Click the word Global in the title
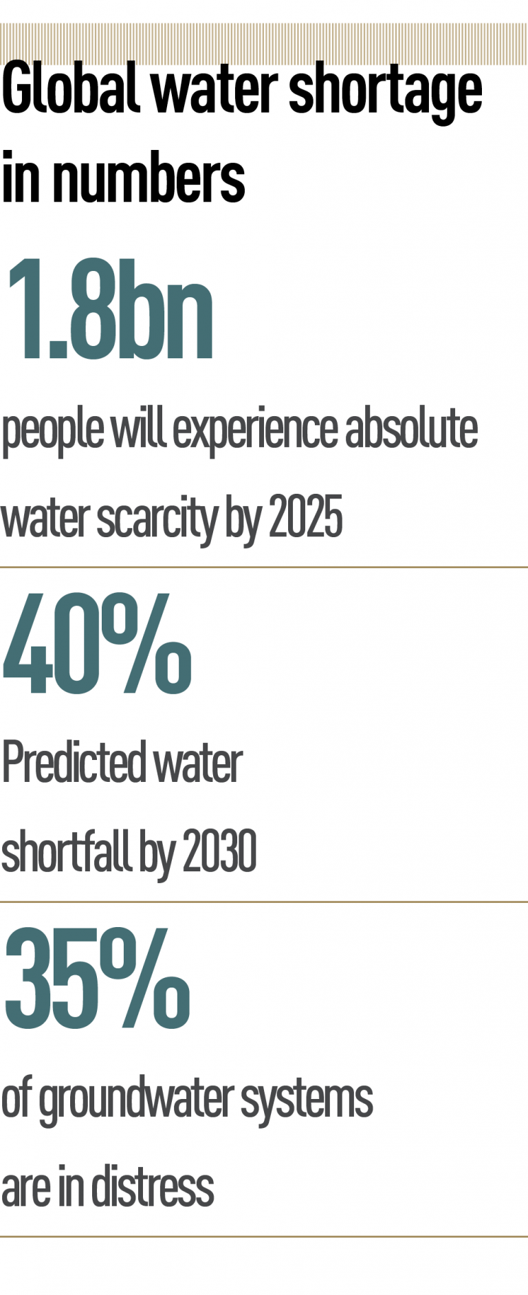coord(69,89)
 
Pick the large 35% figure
coord(96,978)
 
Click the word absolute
coord(411,428)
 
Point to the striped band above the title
coord(264,44)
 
